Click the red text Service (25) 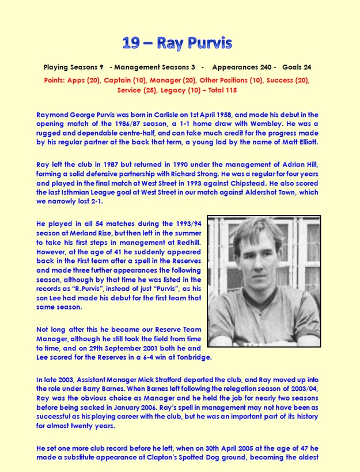tap(136, 90)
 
